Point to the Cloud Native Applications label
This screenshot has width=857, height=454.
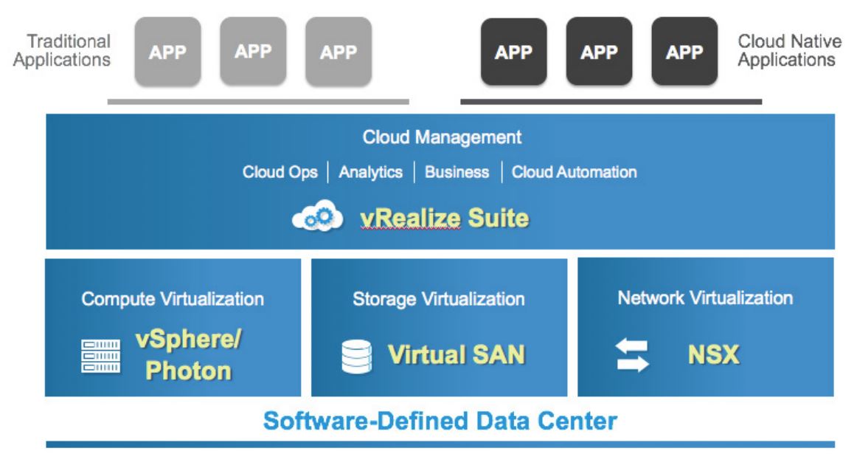(x=786, y=50)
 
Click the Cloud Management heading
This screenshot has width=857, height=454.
(x=442, y=137)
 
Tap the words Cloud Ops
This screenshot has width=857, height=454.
(x=280, y=172)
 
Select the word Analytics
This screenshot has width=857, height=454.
(x=370, y=172)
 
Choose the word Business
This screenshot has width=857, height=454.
(x=457, y=172)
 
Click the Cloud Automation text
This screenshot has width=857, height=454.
(x=574, y=172)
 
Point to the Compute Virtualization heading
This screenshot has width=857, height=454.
(x=173, y=299)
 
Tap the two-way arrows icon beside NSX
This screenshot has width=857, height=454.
(x=632, y=355)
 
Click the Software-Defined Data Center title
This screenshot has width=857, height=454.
(x=440, y=422)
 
